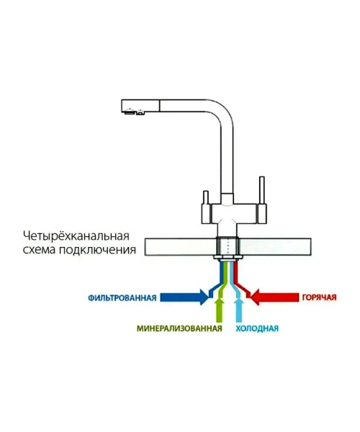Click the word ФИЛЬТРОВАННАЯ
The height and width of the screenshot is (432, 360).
pos(122,298)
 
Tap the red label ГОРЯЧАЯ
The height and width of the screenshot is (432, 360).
pos(319,297)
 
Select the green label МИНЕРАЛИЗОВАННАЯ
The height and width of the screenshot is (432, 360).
pos(179,328)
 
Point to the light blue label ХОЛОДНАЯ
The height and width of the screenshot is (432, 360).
pos(257,328)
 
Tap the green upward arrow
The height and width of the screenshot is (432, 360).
pos(220,310)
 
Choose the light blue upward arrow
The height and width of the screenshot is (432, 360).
pos(239,310)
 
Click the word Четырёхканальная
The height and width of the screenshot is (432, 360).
pos(76,236)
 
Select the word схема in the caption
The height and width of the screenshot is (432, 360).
pos(40,250)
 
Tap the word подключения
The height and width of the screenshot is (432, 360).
pos(98,251)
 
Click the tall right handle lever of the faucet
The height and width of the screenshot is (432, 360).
pos(262,190)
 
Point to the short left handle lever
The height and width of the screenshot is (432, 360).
pos(205,197)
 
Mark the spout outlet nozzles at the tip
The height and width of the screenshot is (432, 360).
pos(134,112)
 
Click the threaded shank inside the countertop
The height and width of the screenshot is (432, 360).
pos(228,246)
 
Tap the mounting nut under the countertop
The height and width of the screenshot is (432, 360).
pos(228,258)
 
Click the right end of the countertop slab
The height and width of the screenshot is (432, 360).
pos(311,247)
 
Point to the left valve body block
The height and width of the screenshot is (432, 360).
pos(206,214)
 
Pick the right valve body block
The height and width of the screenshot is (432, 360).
pos(262,214)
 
